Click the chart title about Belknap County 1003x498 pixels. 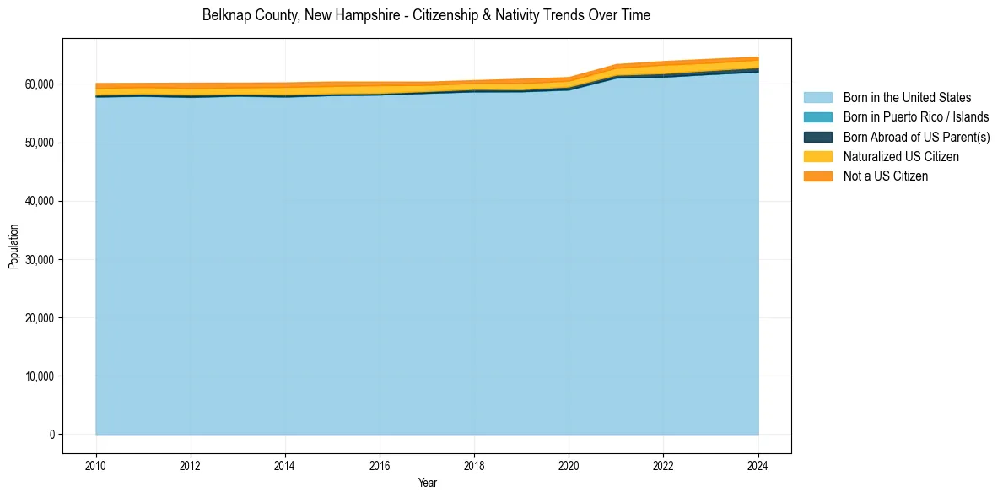pos(426,15)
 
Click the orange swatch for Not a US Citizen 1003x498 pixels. pos(817,176)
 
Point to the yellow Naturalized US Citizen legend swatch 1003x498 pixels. pos(817,157)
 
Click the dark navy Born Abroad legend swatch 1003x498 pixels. pos(817,137)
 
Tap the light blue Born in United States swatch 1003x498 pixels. pos(817,98)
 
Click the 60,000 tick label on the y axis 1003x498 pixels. pos(38,84)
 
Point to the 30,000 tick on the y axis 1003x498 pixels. pos(38,259)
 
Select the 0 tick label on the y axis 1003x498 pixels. pos(51,435)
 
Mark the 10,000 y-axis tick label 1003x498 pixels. pos(38,376)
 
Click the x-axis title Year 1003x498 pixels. pos(427,483)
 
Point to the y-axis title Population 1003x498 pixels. pos(13,246)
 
